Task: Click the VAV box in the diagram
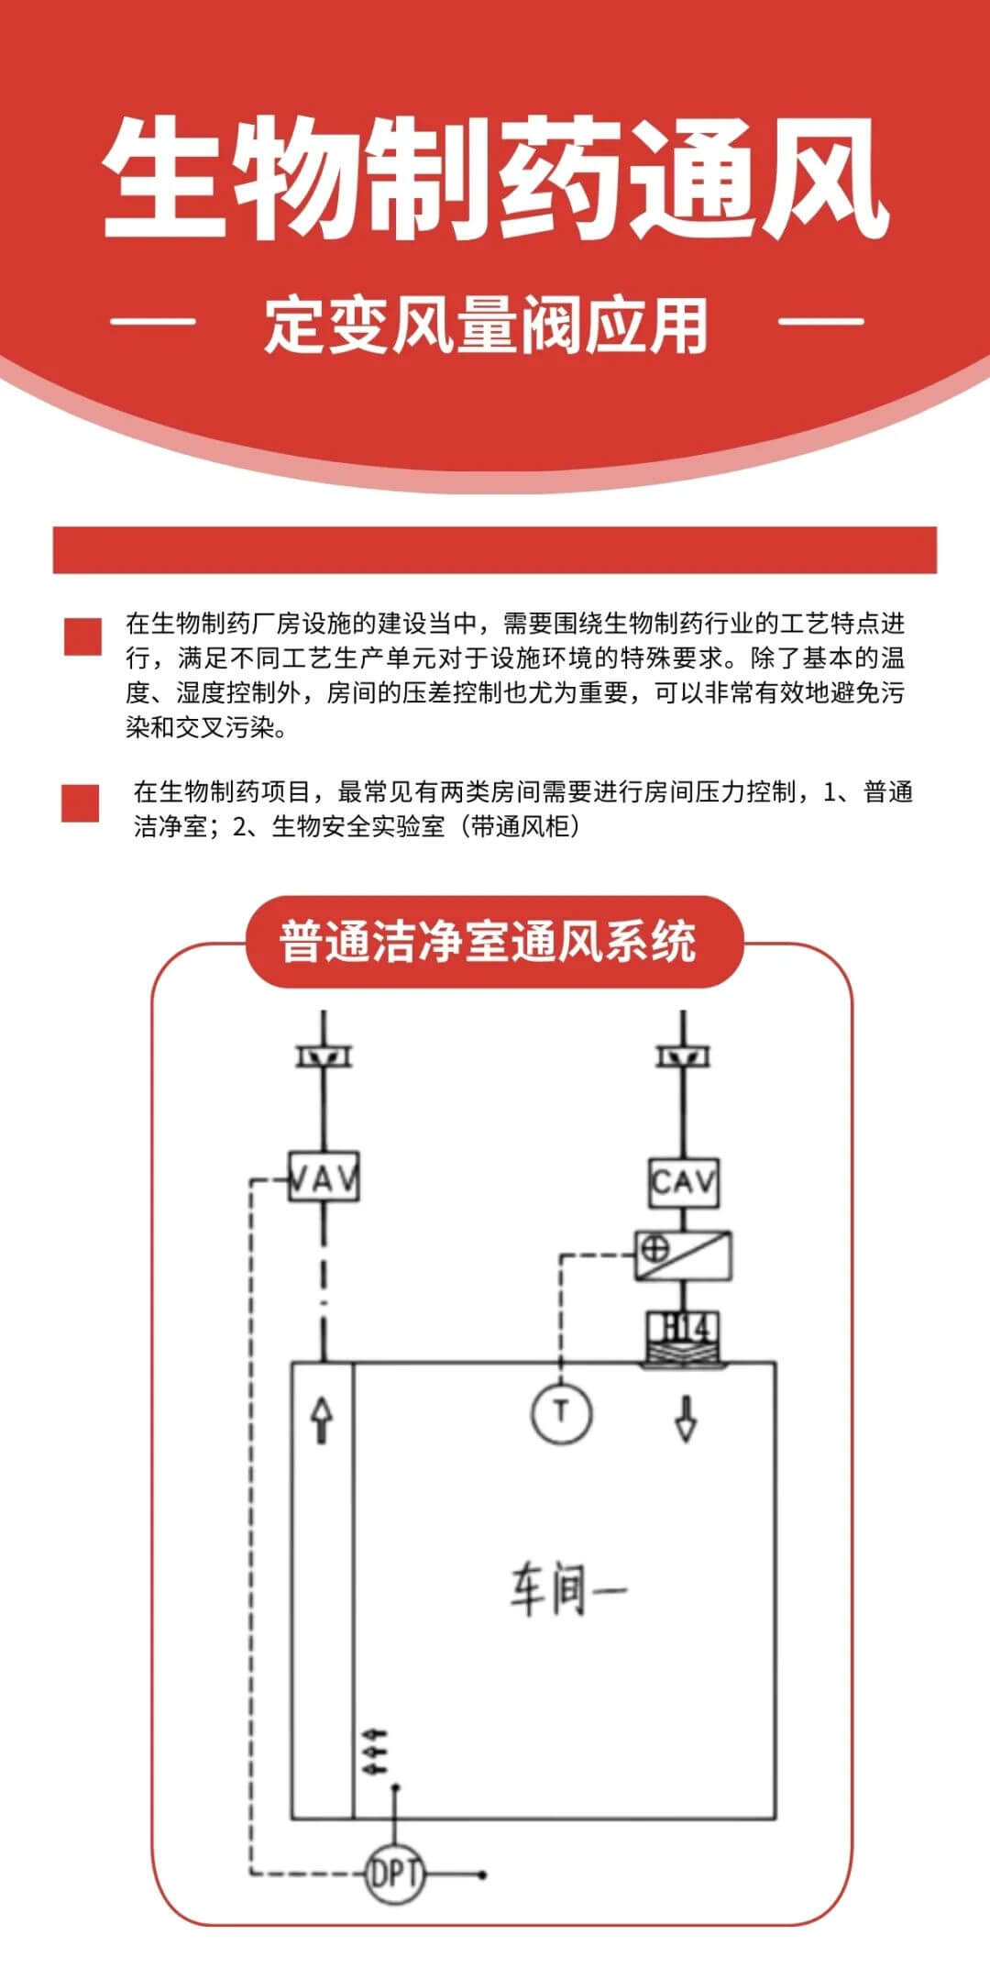point(324,1177)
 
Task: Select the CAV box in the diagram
point(684,1182)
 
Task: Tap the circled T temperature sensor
point(562,1412)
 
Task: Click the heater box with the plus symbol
point(684,1255)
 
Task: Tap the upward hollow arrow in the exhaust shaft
point(322,1421)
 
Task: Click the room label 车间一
point(568,1589)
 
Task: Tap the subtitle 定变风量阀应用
point(487,324)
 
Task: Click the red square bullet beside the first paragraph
point(82,637)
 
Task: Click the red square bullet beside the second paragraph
point(81,803)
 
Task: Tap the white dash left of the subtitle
point(153,321)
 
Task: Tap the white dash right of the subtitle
point(821,321)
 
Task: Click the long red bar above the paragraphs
point(495,550)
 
